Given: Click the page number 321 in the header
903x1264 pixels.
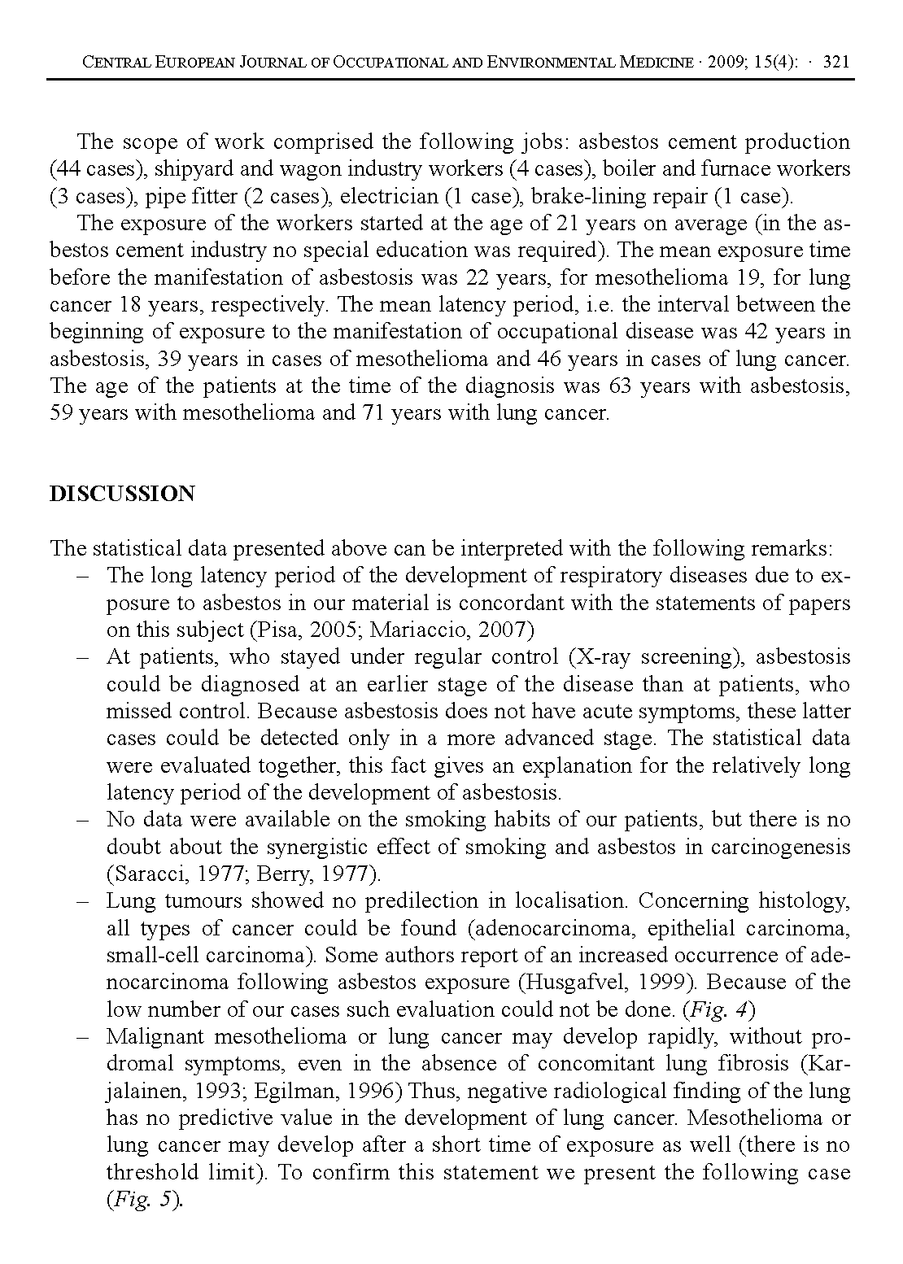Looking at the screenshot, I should tap(836, 62).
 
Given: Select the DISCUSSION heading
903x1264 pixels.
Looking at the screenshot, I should tap(122, 494).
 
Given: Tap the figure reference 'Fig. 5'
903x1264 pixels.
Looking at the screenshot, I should tap(143, 1200).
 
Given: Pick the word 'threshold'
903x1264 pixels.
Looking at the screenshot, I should tap(153, 1172).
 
